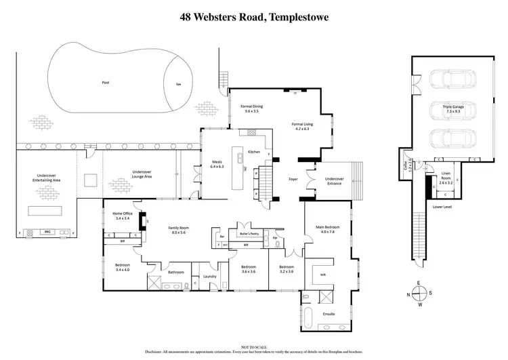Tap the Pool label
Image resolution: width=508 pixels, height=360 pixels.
105,82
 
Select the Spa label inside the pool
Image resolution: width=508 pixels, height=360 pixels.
179,85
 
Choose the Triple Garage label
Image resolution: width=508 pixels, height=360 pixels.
454,108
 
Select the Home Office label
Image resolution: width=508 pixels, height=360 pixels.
123,216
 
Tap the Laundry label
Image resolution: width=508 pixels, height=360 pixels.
209,277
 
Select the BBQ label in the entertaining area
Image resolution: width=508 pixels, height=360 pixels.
47,232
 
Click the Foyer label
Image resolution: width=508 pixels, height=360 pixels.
293,180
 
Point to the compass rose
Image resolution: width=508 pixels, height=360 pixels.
418,293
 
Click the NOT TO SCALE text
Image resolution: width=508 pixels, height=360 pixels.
253,347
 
